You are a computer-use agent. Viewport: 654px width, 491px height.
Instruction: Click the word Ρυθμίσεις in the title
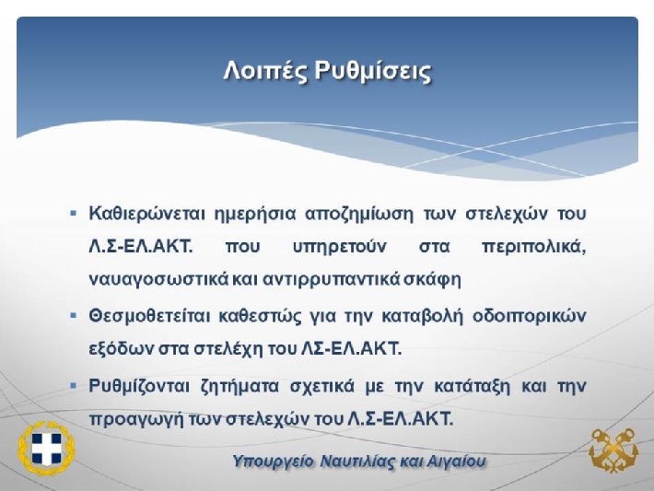coord(373,71)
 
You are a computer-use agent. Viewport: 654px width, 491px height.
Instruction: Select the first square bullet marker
coord(74,214)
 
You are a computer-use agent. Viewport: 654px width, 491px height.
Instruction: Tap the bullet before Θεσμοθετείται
coord(74,315)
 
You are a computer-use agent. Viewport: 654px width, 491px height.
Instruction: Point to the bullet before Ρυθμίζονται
coord(74,385)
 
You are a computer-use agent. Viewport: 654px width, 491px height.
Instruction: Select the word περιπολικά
coord(534,248)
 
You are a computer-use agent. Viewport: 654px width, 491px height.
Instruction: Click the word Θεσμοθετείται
coord(150,316)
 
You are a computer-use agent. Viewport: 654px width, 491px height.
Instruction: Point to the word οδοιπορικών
coord(530,317)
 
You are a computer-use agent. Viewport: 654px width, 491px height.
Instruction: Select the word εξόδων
coord(121,349)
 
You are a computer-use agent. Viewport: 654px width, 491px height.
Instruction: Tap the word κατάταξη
coord(473,387)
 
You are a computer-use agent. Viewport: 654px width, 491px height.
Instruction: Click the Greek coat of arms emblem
coord(46,449)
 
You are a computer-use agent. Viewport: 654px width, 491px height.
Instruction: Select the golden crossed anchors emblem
coord(613,450)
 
